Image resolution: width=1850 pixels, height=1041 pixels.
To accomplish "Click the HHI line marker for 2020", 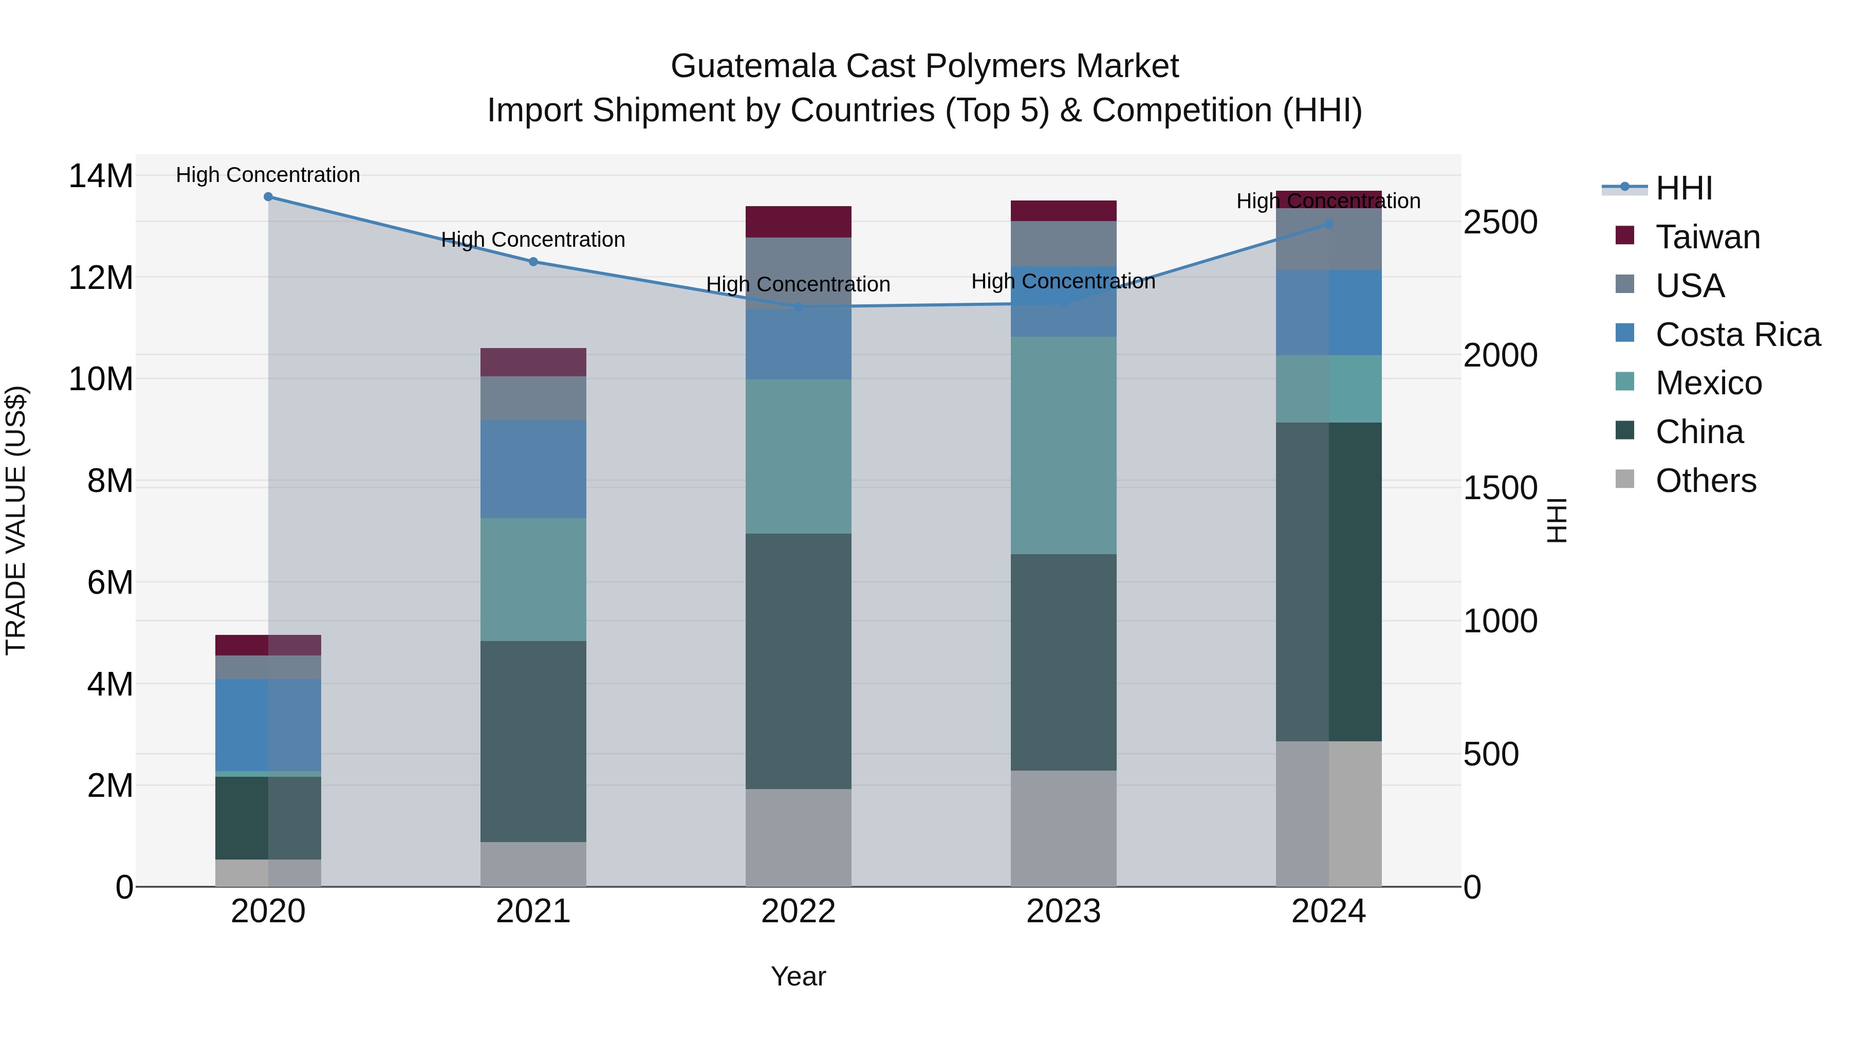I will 268,196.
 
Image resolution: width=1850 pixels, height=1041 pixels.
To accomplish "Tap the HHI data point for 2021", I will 533,262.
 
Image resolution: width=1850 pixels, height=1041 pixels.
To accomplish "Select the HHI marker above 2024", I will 1328,224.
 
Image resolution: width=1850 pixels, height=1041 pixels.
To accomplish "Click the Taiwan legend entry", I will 1707,237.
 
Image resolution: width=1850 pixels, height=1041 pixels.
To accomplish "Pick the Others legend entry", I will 1705,481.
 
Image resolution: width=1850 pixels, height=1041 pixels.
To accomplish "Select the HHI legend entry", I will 1683,188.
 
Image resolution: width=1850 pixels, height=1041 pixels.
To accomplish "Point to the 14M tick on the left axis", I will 101,176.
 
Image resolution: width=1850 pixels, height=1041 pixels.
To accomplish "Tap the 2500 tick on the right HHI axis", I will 1500,222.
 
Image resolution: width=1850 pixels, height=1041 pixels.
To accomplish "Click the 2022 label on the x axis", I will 798,911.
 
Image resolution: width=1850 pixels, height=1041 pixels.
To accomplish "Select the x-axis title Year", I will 798,976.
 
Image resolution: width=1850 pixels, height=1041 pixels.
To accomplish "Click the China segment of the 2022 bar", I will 798,661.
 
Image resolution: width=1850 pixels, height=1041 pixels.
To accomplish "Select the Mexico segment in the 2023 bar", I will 1063,445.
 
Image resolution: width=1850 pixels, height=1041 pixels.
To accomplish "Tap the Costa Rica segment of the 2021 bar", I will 533,469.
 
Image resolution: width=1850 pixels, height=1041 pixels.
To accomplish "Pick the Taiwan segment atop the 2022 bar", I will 798,221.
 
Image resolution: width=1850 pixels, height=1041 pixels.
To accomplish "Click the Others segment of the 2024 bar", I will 1328,813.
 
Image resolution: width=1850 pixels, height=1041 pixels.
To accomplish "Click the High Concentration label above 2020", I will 268,175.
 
